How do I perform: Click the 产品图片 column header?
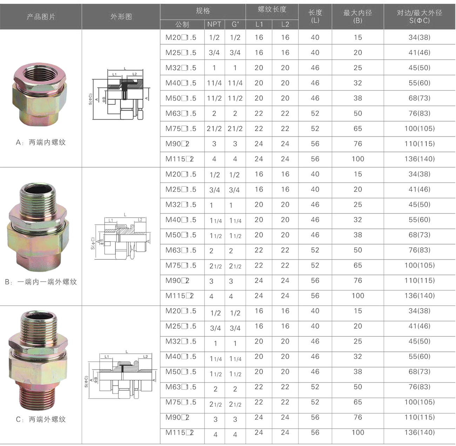[41, 16]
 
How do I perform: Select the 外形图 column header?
[121, 16]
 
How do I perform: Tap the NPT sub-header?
[214, 24]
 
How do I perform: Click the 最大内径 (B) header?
[357, 16]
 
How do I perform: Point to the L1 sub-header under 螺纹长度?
[259, 24]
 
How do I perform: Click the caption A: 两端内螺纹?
[41, 142]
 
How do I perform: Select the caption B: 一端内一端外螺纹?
[41, 282]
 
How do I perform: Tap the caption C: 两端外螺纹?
[41, 419]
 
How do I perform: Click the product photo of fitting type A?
[40, 94]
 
